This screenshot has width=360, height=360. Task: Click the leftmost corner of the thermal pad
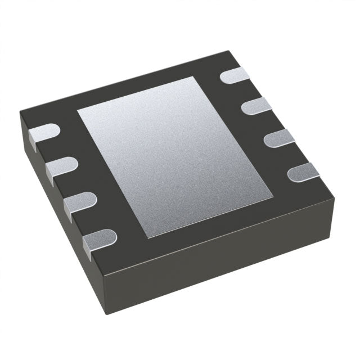click(x=77, y=108)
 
